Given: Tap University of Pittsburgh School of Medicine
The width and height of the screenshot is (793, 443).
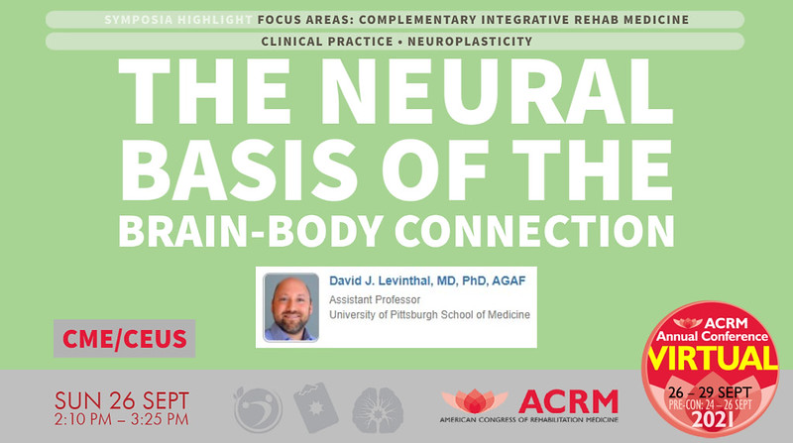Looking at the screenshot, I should (428, 315).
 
